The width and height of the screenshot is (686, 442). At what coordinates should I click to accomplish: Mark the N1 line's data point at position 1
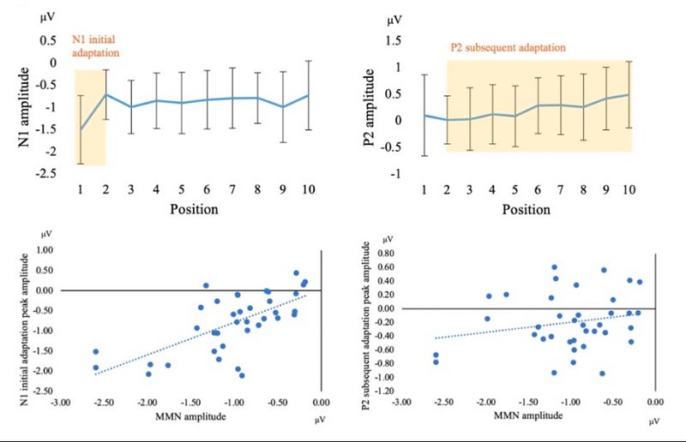(x=81, y=129)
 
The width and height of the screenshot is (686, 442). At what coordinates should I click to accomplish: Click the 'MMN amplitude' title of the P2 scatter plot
(x=528, y=415)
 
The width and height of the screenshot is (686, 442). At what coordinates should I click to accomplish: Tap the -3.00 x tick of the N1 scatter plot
(x=59, y=401)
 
